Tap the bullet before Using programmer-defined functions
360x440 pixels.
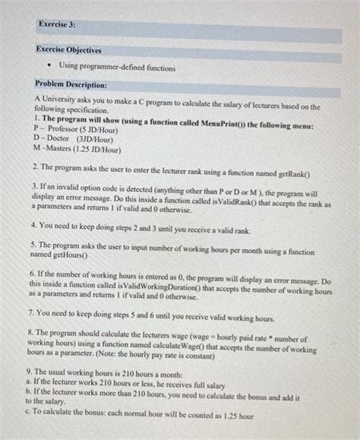tap(51, 68)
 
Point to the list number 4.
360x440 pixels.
tap(37, 226)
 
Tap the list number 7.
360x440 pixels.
tap(37, 312)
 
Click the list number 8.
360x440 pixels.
tap(37, 331)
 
